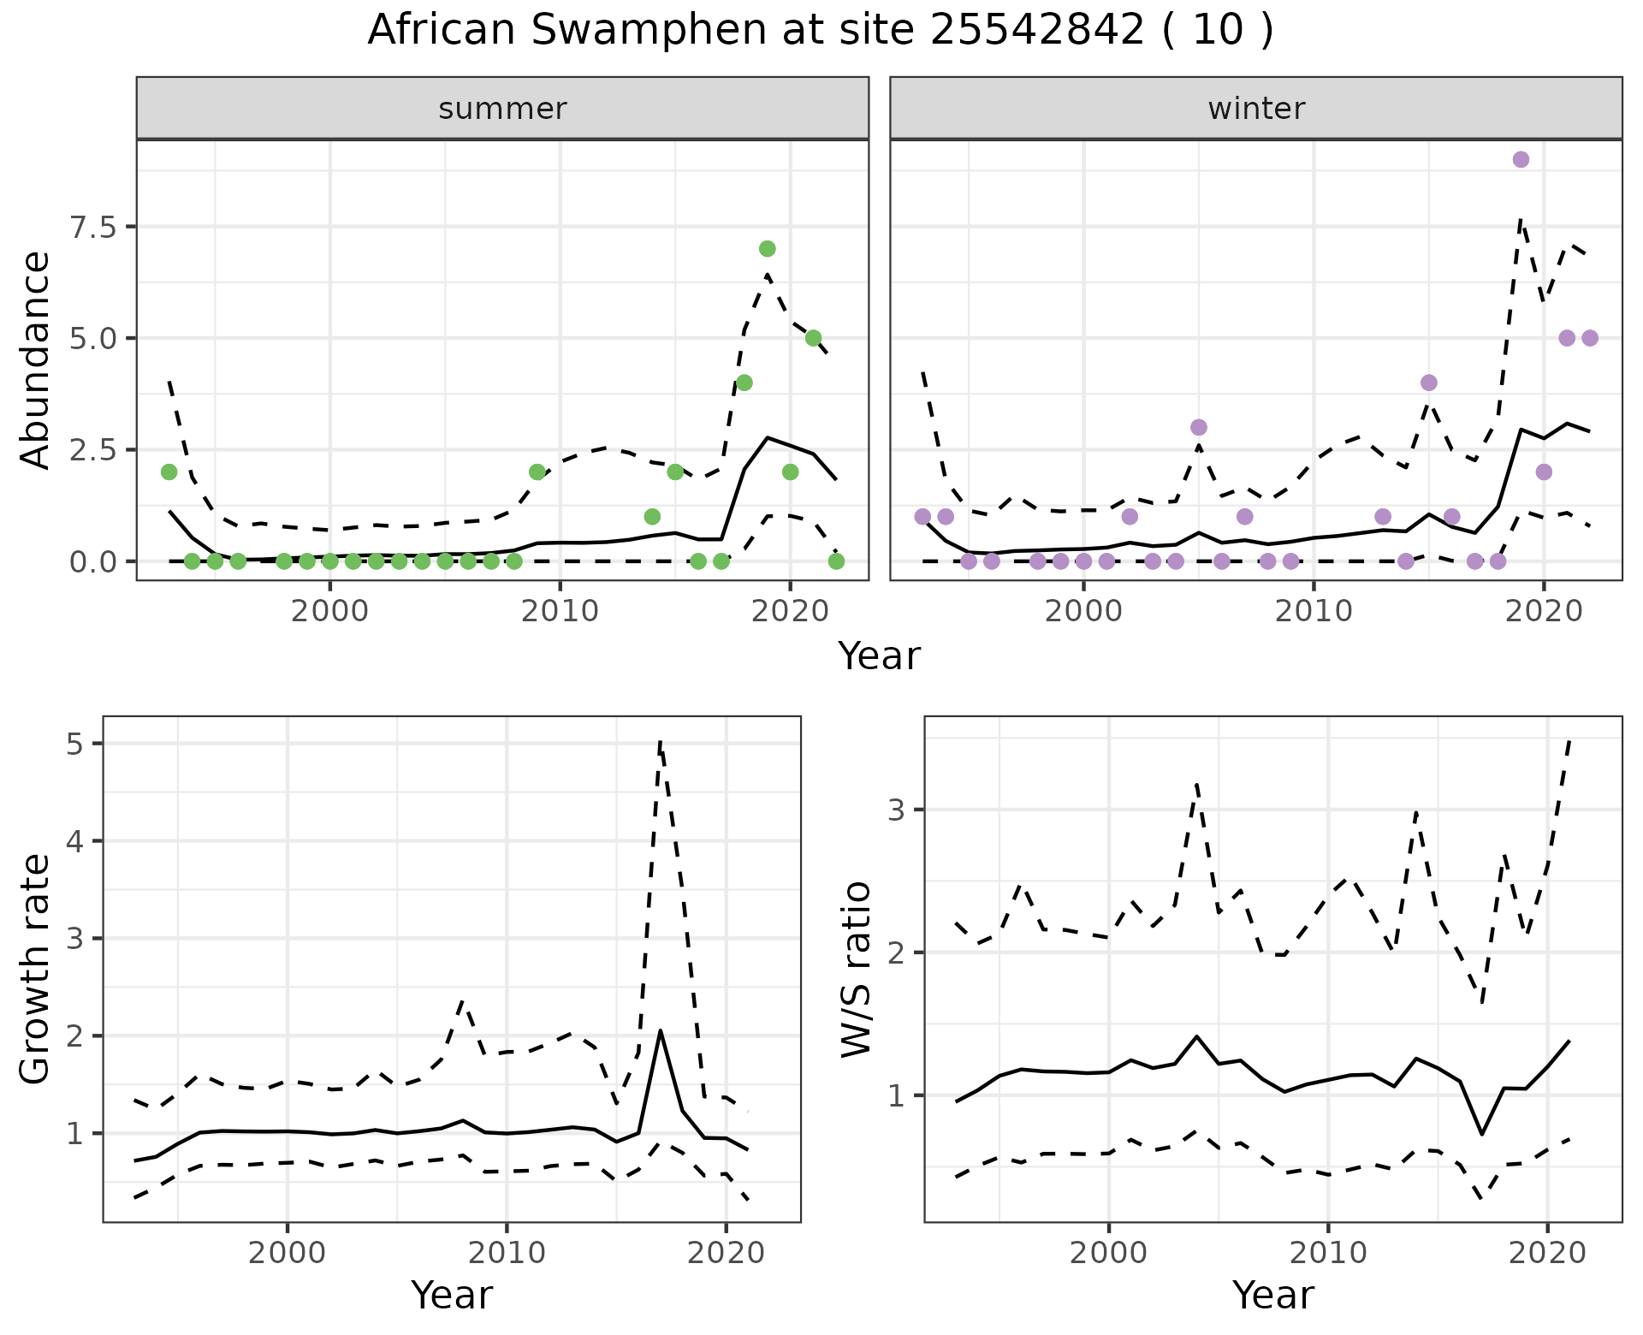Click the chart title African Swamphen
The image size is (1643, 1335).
coord(820,31)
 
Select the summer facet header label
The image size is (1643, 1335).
coord(502,109)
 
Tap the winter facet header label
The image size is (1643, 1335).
coord(1256,109)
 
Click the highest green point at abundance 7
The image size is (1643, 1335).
coord(767,249)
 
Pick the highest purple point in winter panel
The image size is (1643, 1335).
coord(1521,160)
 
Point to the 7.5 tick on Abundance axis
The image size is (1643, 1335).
coord(95,227)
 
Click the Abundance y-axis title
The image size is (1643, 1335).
coord(35,359)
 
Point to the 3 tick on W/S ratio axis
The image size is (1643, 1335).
coord(896,810)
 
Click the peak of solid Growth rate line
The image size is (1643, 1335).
coord(661,1030)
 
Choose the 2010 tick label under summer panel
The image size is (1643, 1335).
coord(560,611)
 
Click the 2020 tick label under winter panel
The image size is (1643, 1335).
coord(1543,611)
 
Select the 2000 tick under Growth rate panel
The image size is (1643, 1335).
coord(288,1253)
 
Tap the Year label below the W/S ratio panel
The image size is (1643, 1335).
coord(1272,1296)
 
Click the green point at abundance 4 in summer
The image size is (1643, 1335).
coord(744,383)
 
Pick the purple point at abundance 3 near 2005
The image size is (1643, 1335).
coord(1198,427)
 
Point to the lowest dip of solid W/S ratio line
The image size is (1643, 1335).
coord(1481,1134)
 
